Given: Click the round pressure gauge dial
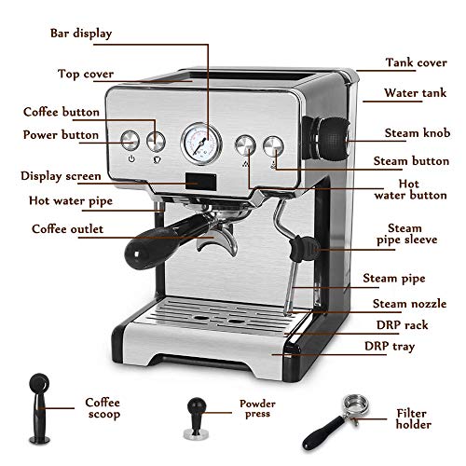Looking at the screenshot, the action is coord(201,144).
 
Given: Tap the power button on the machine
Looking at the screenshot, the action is coord(130,141).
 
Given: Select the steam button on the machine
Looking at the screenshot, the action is coord(273,146).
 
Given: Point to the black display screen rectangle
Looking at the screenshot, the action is coord(201,182).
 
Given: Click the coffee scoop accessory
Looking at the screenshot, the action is coord(39,408).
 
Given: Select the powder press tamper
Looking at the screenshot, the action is coord(196,418).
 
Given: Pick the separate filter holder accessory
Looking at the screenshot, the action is coord(336,421).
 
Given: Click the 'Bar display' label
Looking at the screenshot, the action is coord(81,34).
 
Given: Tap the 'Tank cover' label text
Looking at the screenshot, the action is coord(417,62).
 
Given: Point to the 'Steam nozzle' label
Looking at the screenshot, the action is coord(409,304).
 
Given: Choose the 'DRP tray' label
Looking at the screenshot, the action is coord(390,347).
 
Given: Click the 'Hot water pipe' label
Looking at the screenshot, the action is coord(71,201).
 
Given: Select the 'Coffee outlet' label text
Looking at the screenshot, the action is coord(67,229).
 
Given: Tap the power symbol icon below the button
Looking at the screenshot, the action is coord(131,158).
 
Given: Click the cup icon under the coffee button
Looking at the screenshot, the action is coord(158,159).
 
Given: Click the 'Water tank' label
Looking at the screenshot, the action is coord(415,93).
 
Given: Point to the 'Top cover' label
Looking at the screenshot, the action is coord(86,75).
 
